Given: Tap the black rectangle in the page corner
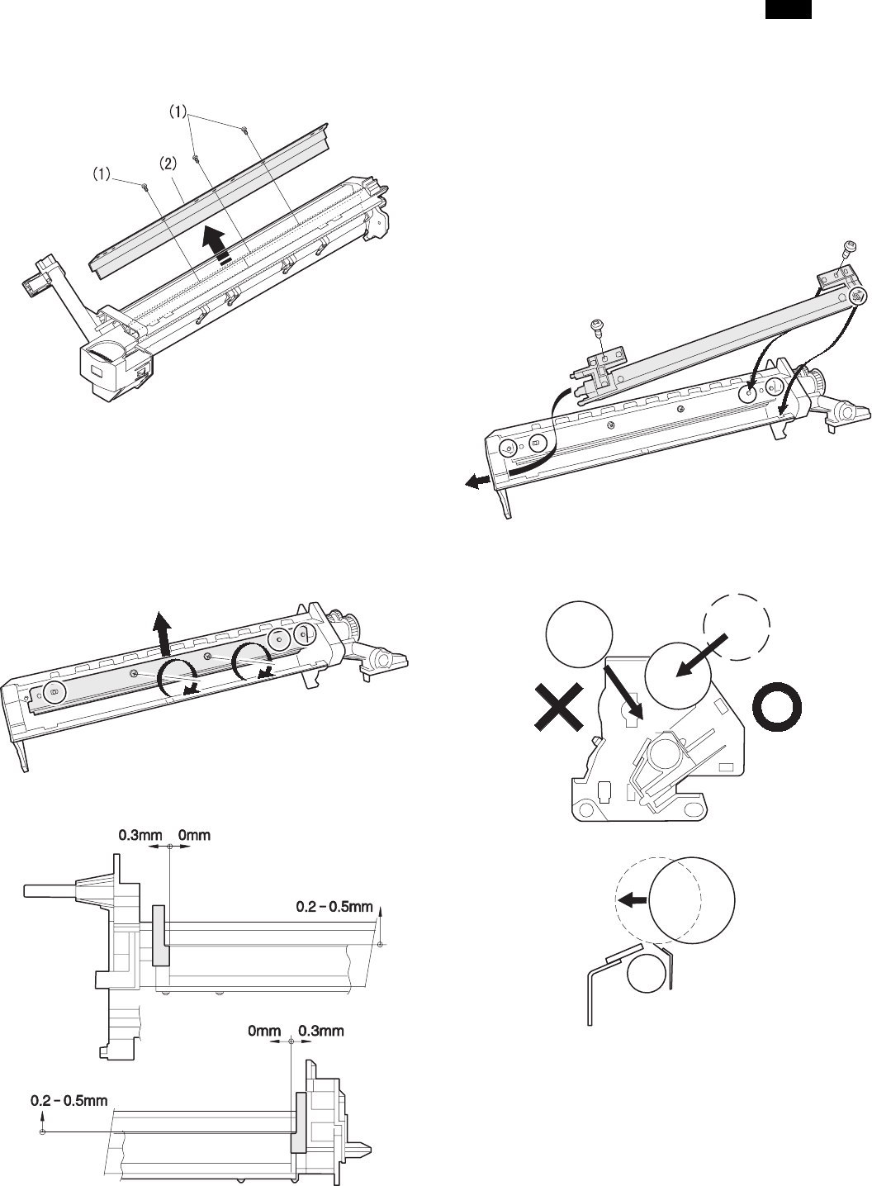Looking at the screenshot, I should tap(787, 10).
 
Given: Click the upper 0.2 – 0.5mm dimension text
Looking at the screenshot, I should tap(334, 908).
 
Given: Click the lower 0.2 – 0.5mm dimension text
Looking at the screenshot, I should tap(69, 1101).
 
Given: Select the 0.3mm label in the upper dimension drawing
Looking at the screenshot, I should tap(132, 835).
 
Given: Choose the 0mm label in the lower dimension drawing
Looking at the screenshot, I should tap(264, 1031).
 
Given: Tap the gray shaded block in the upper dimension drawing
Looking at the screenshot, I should tap(159, 934).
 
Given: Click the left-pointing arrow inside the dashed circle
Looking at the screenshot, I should tap(633, 901).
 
